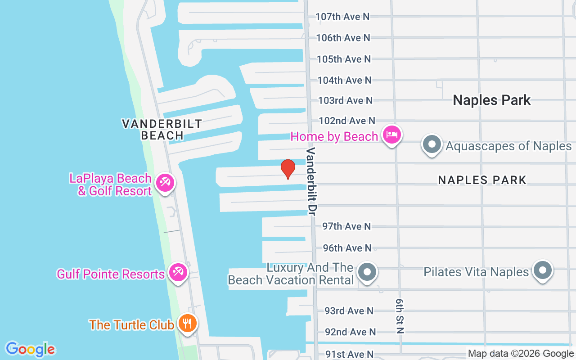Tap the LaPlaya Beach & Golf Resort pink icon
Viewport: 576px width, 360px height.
165,183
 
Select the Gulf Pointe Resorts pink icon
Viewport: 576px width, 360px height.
178,273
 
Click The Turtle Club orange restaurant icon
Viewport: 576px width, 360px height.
187,323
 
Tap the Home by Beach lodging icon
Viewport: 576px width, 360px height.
391,135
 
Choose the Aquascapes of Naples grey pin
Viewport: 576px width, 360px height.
432,144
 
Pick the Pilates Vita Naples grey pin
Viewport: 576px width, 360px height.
542,270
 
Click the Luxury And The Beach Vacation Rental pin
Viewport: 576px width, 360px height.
367,272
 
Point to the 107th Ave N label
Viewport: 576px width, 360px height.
342,17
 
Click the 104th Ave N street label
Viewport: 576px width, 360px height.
344,80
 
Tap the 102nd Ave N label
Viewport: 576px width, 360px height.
346,121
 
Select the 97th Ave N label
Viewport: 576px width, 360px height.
346,226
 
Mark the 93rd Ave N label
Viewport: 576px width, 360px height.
349,310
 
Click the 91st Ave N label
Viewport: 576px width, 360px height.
349,354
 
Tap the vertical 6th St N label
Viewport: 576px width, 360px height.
400,315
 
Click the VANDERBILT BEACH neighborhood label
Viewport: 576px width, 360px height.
162,130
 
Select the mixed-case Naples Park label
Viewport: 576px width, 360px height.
491,100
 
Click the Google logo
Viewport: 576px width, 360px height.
30,349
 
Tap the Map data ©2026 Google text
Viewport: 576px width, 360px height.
520,354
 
